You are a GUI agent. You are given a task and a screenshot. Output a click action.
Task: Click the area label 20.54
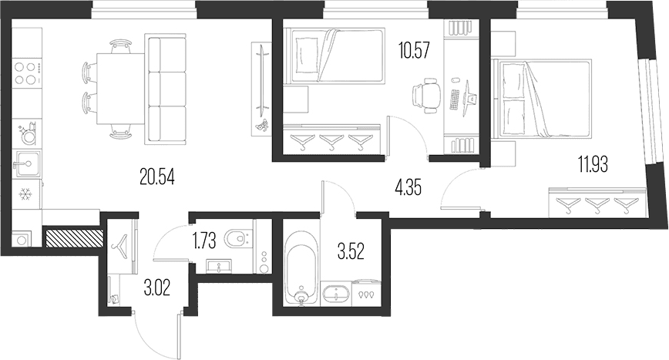pos(157,177)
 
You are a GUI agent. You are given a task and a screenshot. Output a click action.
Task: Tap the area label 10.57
pos(413,51)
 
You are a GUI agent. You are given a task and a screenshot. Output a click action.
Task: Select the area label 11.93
pos(593,164)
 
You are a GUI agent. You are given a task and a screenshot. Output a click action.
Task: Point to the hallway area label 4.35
pos(408,187)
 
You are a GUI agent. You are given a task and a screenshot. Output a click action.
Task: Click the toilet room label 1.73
pos(204,241)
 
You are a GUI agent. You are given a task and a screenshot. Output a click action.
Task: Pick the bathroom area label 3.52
pos(351,251)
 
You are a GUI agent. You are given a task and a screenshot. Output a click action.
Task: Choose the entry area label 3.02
pos(157,288)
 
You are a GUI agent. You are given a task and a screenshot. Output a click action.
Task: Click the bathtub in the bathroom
pos(302,267)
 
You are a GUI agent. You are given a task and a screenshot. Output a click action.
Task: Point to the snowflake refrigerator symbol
pos(25,195)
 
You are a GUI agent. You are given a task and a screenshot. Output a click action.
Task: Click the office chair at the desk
pos(425,96)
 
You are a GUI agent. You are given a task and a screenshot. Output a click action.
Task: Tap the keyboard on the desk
pos(455,99)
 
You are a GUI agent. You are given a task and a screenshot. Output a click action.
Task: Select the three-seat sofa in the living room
pos(166,90)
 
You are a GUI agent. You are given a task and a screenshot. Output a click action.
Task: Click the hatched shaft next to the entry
pos(74,238)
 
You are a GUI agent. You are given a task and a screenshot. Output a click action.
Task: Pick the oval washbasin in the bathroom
pos(336,294)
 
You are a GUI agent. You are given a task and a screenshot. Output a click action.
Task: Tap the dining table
pos(121,89)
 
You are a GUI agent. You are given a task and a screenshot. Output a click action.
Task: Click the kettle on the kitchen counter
pos(29,134)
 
